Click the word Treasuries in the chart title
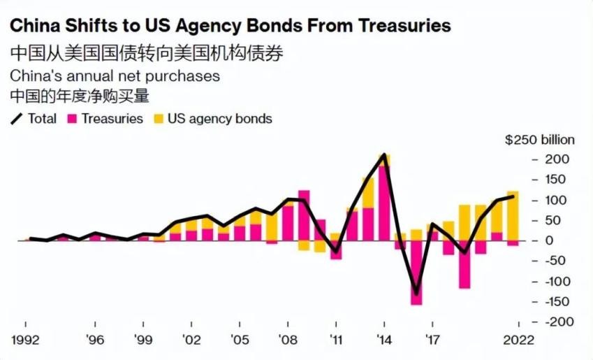(x=404, y=26)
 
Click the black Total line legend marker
(x=17, y=119)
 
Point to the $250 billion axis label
(x=540, y=140)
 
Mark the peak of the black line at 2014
(x=383, y=155)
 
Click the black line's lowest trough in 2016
(x=416, y=294)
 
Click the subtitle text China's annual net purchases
(x=115, y=75)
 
